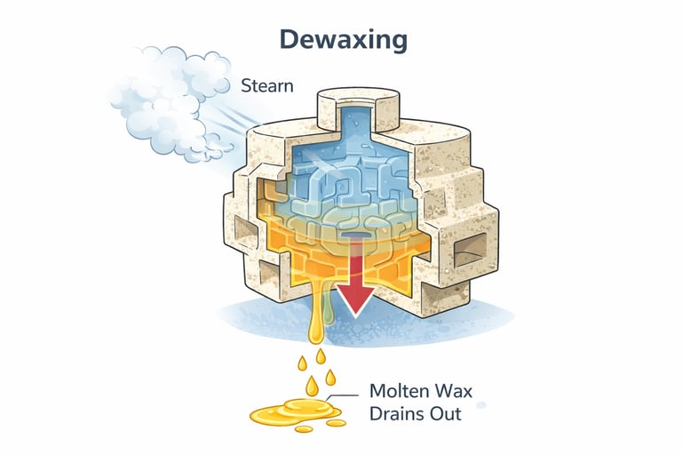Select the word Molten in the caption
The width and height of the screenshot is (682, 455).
coord(396,391)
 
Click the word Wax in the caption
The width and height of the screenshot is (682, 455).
coord(452,391)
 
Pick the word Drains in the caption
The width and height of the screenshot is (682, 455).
coord(399,413)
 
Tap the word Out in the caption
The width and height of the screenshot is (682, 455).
coord(448,413)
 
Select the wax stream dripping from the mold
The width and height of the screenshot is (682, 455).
coord(314,302)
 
